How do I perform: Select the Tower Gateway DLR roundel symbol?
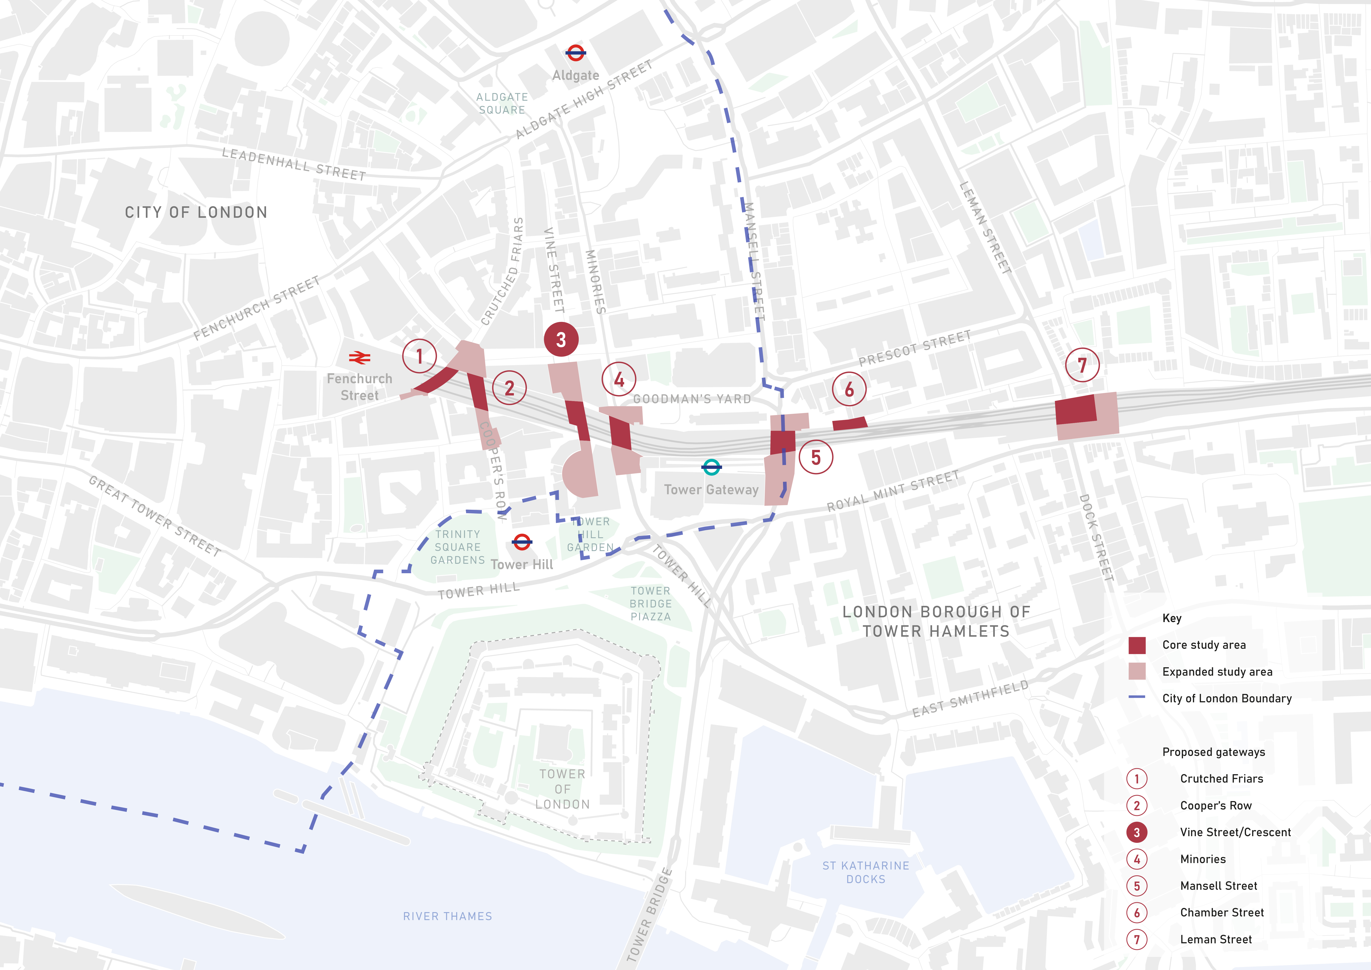[x=711, y=467]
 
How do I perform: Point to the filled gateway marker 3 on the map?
[x=561, y=339]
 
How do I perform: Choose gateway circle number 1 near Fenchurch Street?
[x=419, y=356]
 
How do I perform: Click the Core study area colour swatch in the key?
[x=1137, y=645]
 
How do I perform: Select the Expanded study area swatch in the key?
[x=1137, y=671]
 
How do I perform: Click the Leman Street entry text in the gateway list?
[x=1216, y=939]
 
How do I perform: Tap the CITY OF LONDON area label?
[x=196, y=213]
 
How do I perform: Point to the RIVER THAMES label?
[x=447, y=916]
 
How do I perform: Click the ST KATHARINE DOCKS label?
[x=866, y=872]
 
